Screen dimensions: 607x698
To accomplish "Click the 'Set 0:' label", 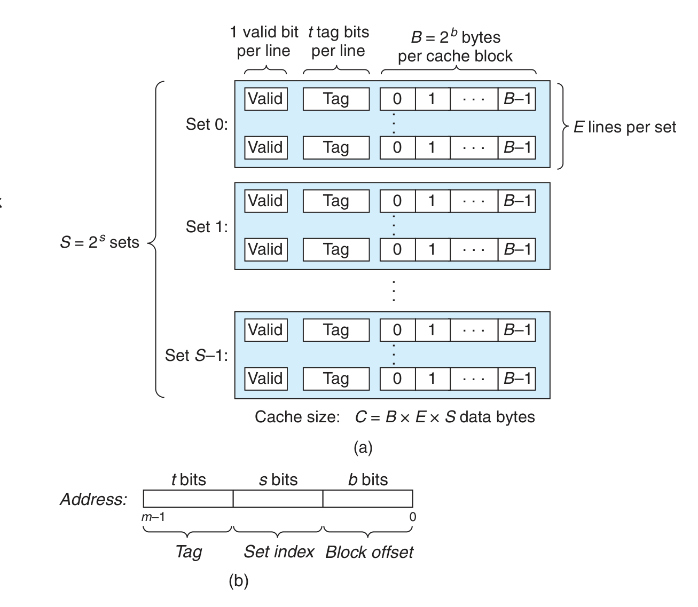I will [x=206, y=124].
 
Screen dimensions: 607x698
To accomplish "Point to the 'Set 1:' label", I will [x=206, y=227].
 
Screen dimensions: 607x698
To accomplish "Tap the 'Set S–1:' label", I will [x=196, y=355].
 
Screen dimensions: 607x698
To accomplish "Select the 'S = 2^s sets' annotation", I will [x=99, y=242].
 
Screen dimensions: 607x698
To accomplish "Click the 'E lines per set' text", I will [x=624, y=127].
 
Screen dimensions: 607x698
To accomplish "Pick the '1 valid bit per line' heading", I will [x=264, y=42].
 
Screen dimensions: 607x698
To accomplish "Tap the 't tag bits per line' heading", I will [x=338, y=42].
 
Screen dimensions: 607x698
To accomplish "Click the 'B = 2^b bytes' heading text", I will [x=456, y=37].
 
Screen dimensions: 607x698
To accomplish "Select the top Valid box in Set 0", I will [x=265, y=99].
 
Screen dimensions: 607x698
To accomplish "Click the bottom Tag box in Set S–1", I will [x=336, y=379].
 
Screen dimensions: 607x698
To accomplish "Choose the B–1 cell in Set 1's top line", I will [x=517, y=201].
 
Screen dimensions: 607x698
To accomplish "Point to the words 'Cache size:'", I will [x=297, y=417].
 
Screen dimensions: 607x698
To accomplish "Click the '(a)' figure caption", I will [x=363, y=447].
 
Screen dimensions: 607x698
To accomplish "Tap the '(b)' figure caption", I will [x=238, y=580].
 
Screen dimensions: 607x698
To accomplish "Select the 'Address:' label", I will [x=93, y=499].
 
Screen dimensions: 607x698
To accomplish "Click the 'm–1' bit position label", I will [x=153, y=517].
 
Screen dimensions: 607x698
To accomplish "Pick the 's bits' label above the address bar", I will [x=278, y=480].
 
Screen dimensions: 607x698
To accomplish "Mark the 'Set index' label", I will [x=279, y=551].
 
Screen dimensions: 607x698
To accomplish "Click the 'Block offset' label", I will [x=369, y=552].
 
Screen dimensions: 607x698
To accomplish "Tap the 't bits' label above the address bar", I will [x=189, y=480].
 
